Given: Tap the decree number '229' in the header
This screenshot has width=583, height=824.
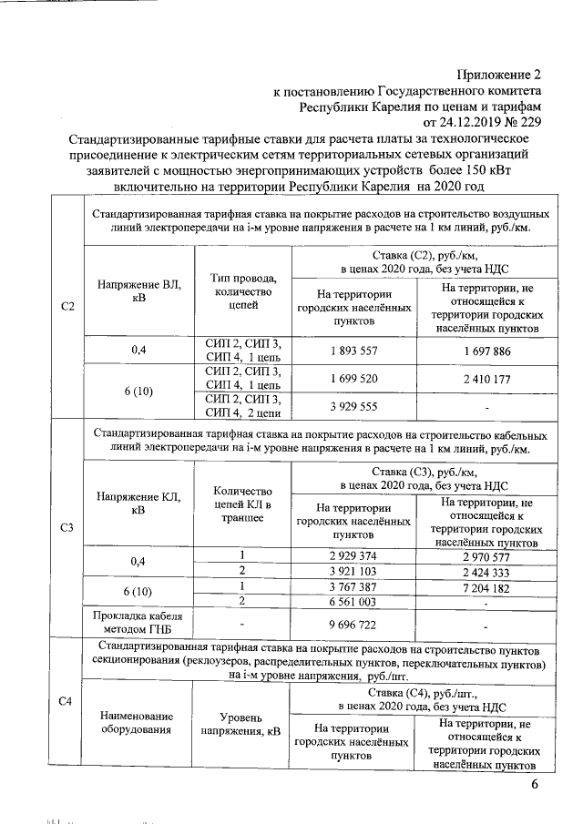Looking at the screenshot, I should (530, 122).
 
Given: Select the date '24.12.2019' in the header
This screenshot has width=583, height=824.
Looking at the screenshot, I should (471, 122).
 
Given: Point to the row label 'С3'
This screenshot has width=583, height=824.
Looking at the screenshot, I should (65, 527).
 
